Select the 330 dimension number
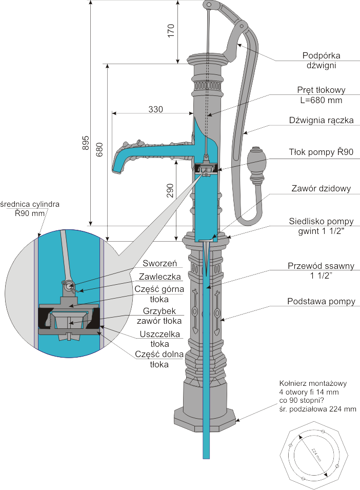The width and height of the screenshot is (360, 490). pos(156,109)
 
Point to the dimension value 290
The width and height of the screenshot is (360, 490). pos(170,191)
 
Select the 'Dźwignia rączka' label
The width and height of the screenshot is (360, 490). pos(322,121)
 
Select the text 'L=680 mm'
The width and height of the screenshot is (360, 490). pos(321,100)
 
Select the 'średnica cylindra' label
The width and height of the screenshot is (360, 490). pos(30,204)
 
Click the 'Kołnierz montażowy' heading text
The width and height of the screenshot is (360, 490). pos(313,383)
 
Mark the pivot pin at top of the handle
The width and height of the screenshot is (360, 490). pos(208,5)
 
